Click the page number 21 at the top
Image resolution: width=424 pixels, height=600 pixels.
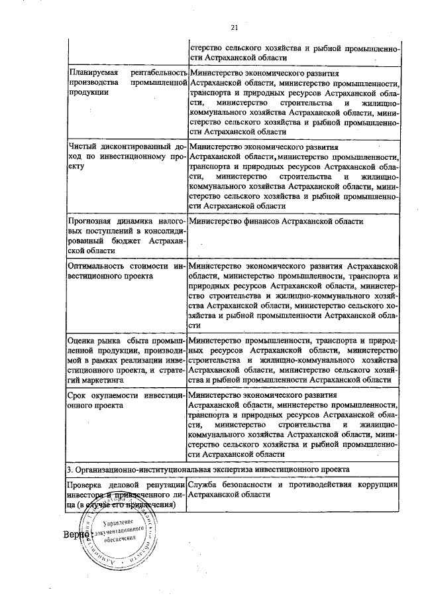234,27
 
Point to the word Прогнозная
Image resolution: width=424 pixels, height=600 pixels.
91,221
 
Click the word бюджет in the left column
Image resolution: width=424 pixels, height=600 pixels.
129,241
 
